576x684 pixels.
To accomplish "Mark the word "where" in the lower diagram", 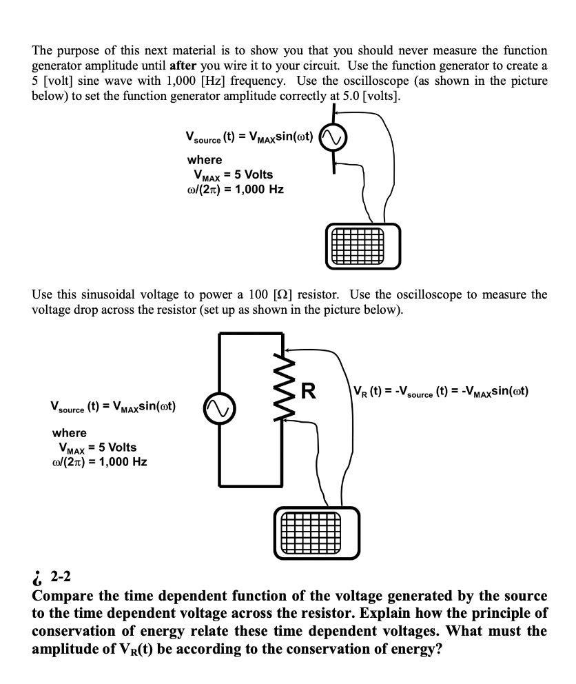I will pos(70,433).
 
